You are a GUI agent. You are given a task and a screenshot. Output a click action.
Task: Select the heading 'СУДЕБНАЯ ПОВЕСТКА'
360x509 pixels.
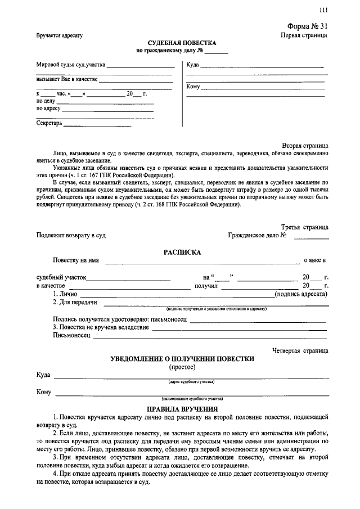click(x=182, y=43)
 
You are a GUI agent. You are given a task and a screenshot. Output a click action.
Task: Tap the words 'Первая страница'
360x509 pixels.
click(x=304, y=35)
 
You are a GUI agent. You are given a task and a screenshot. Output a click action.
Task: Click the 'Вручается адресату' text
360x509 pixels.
click(x=60, y=35)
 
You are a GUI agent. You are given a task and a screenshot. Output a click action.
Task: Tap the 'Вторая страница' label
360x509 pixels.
click(x=305, y=145)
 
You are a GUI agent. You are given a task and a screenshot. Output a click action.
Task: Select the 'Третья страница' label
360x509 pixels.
click(x=304, y=227)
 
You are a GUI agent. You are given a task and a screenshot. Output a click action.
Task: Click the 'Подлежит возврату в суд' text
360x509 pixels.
click(x=71, y=235)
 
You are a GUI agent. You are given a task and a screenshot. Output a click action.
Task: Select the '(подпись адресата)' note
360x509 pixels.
click(x=301, y=293)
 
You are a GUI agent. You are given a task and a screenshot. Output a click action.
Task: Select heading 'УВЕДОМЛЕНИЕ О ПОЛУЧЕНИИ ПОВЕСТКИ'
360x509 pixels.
click(x=182, y=358)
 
